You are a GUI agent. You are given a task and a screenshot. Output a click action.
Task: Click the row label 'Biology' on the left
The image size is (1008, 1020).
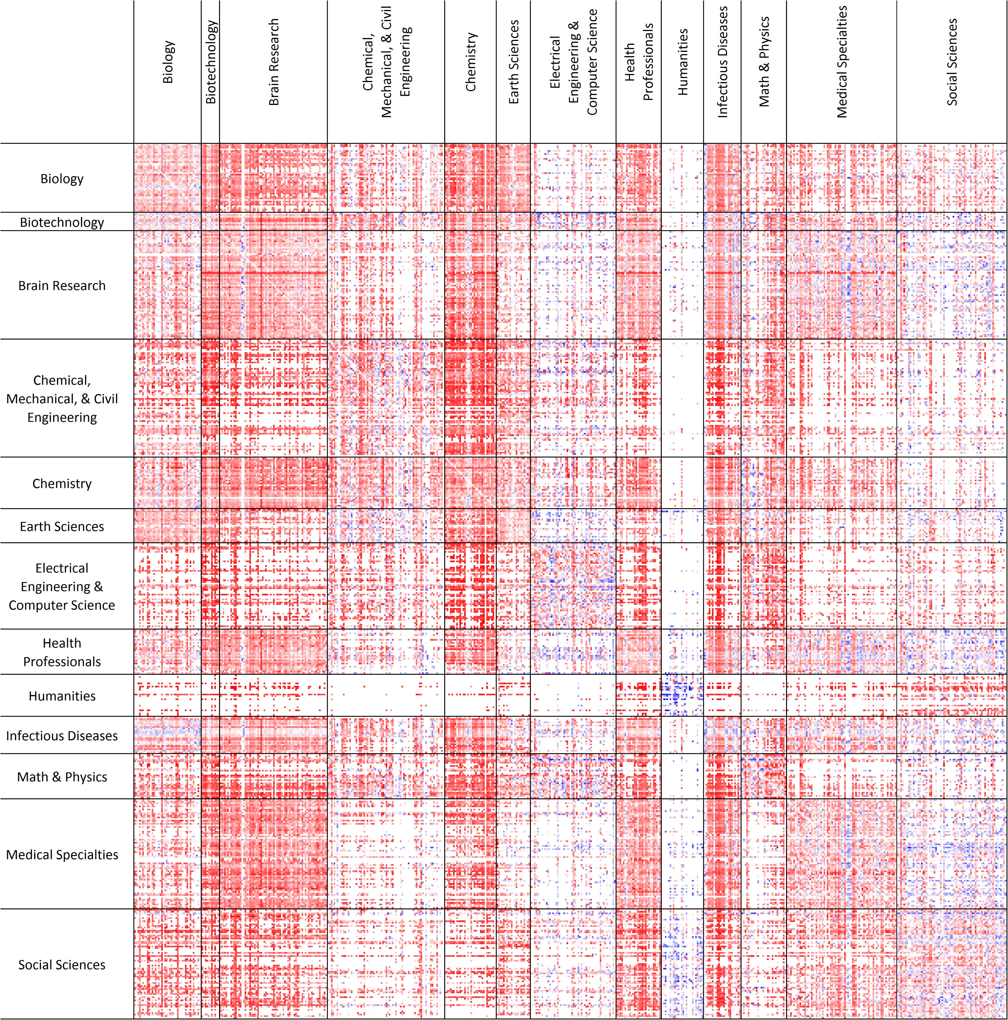62,179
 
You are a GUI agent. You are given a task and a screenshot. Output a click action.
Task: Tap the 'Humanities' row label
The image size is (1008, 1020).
62,696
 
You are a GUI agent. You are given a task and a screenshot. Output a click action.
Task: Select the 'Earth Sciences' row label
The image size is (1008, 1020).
62,526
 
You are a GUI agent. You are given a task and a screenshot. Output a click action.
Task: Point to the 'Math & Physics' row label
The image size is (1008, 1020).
62,777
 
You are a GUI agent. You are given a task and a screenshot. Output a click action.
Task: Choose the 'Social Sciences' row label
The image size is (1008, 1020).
62,964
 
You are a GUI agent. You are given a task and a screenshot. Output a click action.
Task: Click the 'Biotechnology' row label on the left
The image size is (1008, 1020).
62,222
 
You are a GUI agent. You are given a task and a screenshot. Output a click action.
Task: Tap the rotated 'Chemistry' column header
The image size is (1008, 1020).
470,62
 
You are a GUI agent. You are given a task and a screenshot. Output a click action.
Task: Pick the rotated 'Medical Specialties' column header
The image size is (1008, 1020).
842,62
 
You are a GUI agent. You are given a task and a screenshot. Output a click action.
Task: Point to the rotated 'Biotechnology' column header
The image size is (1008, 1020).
210,62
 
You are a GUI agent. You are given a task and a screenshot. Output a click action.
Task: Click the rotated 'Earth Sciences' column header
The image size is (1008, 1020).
513,62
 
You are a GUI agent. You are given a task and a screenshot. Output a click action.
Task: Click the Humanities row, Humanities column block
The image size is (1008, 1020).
682,695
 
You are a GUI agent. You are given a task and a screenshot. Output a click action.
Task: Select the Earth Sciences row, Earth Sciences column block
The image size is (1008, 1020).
513,526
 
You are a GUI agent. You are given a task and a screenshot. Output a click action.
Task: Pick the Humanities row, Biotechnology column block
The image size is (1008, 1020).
210,695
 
